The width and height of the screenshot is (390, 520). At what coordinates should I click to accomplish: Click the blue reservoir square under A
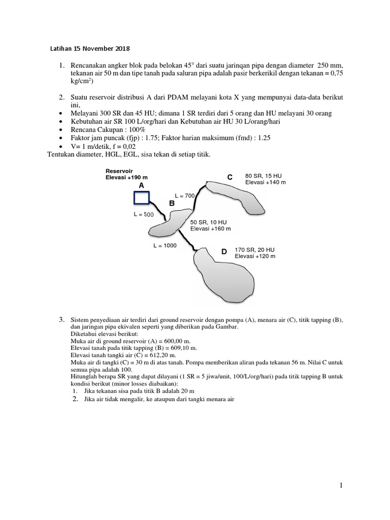[x=141, y=200]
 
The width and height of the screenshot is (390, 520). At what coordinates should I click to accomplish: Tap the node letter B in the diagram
[x=172, y=203]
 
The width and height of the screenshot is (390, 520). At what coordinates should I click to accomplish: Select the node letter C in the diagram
[x=230, y=177]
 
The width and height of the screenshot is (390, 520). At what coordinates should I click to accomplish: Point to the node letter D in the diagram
[x=224, y=251]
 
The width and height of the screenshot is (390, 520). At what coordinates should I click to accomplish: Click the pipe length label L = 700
[x=184, y=195]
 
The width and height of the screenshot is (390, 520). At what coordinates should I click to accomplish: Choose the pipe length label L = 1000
[x=165, y=245]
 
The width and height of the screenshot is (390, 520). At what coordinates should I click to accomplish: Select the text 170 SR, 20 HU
[x=254, y=250]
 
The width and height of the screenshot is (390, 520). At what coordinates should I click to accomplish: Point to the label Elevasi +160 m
[x=210, y=229]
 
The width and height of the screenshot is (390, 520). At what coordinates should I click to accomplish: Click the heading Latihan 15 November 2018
[x=89, y=49]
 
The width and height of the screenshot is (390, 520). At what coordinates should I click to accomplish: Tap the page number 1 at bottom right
[x=342, y=486]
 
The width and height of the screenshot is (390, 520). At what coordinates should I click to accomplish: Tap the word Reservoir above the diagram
[x=118, y=171]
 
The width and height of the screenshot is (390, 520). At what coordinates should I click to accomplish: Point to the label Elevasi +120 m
[x=255, y=256]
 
